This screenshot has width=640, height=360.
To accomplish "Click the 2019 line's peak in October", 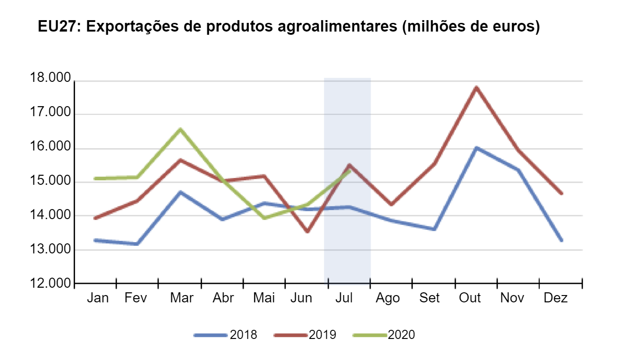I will tap(476, 87).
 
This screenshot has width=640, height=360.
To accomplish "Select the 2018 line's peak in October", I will tap(476, 148).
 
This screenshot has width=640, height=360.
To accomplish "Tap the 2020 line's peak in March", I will tap(181, 129).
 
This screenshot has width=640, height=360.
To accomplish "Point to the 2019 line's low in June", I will tap(307, 232).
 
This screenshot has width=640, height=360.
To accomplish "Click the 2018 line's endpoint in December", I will tap(561, 240).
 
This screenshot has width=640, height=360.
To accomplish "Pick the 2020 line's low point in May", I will tap(265, 218).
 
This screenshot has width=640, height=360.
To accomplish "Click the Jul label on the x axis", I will tap(344, 298).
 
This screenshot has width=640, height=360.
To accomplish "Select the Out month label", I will tap(470, 298).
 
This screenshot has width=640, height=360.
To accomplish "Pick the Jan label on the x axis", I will tap(98, 298).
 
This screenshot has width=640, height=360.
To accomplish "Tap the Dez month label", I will tap(555, 298).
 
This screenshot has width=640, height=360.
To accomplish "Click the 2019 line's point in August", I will tap(391, 204).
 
